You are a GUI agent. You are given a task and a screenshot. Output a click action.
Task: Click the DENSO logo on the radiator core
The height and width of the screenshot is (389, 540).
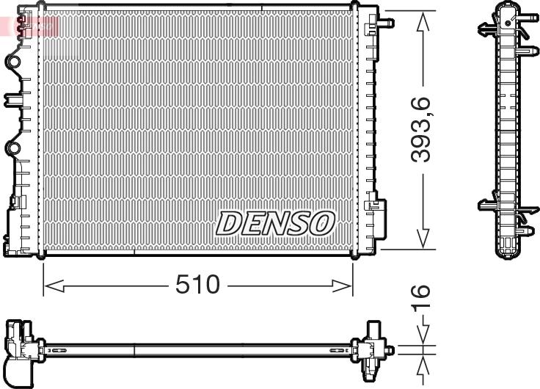tap(275, 223)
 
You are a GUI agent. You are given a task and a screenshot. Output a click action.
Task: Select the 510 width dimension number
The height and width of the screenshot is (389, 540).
tap(197, 285)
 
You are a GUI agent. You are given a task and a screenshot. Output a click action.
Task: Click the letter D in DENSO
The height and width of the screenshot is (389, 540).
tap(228, 223)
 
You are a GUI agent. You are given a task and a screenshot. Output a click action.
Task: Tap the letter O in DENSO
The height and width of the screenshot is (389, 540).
tap(322, 223)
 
